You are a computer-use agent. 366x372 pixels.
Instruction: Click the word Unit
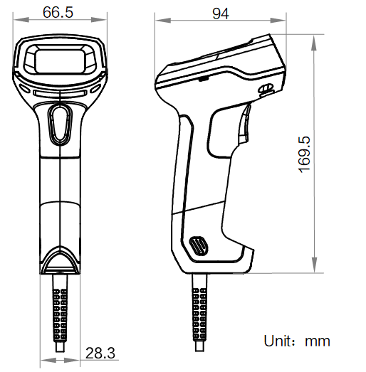coord(279,341)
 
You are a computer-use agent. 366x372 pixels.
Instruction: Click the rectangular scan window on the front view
coord(60,58)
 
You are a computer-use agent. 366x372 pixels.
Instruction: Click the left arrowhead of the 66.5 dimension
coord(17,21)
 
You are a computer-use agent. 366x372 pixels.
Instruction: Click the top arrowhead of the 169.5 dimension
coord(314,36)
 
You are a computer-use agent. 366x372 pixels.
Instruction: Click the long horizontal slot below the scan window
coord(60,91)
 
